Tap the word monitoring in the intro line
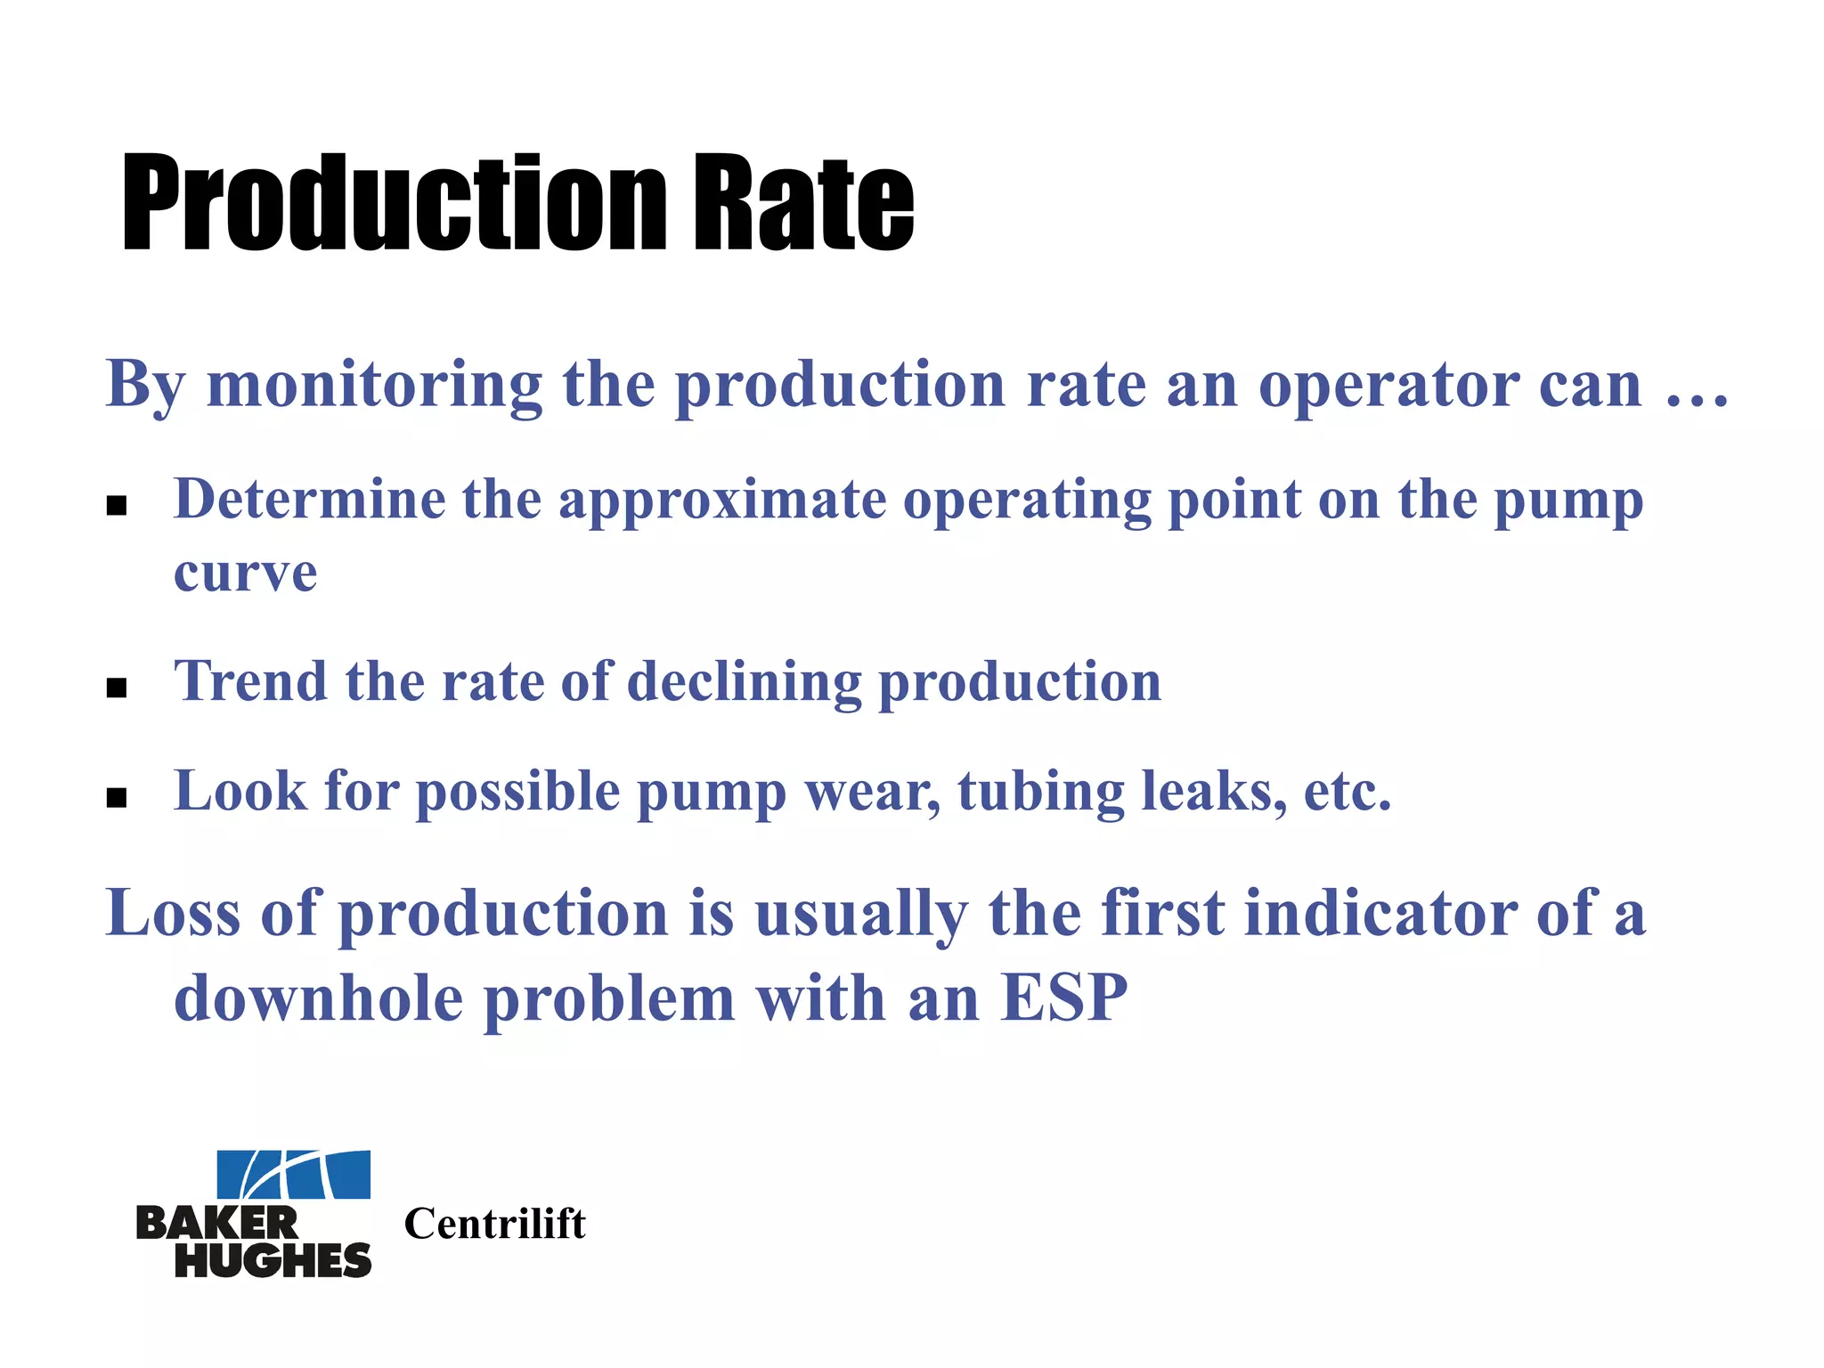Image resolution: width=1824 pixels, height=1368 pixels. click(x=374, y=385)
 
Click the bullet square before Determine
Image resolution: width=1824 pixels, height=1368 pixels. click(x=117, y=506)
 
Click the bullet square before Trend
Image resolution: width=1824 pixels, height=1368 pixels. click(x=117, y=688)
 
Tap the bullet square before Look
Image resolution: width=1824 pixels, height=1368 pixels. click(x=117, y=797)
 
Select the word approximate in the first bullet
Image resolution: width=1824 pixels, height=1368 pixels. click(x=722, y=501)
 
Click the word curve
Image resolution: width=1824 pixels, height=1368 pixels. click(x=245, y=573)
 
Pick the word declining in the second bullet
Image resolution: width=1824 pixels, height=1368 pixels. click(x=745, y=683)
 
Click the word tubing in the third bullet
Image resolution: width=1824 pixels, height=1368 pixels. click(x=1040, y=793)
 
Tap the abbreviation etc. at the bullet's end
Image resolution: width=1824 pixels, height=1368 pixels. click(x=1347, y=793)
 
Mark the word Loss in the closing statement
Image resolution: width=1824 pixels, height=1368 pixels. click(x=173, y=914)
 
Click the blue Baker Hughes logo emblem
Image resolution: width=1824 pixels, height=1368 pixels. click(x=294, y=1175)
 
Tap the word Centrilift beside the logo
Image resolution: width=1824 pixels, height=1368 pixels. click(x=495, y=1224)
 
